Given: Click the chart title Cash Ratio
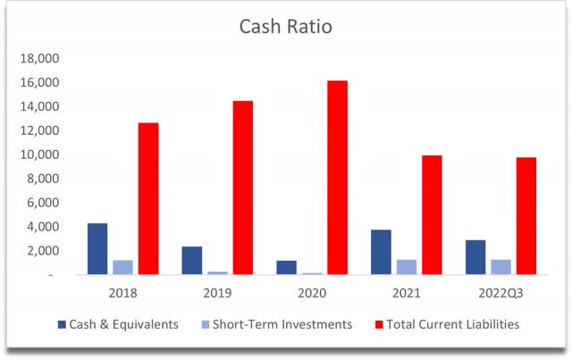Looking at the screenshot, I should pyautogui.click(x=285, y=27).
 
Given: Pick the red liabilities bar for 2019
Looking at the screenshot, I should pyautogui.click(x=243, y=188).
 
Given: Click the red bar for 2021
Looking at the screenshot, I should pyautogui.click(x=432, y=214).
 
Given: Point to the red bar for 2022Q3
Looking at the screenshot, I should pyautogui.click(x=526, y=215).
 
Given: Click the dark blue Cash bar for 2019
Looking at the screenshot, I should pyautogui.click(x=192, y=260).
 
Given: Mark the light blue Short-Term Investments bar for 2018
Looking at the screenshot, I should pyautogui.click(x=123, y=267).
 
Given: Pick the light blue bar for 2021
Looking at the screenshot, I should pyautogui.click(x=407, y=267).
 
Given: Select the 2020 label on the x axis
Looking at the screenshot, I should pyautogui.click(x=312, y=292).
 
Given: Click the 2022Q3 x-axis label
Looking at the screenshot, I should pyautogui.click(x=500, y=292).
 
